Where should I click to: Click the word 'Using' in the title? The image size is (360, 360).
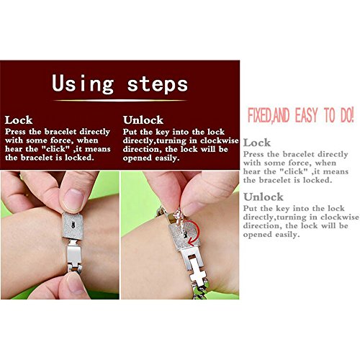click(83, 84)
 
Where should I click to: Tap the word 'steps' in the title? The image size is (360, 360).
click(158, 84)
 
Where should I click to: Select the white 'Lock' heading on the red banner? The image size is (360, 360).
click(19, 120)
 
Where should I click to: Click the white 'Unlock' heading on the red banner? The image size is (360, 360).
click(143, 120)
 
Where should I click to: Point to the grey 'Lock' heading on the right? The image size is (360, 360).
click(257, 143)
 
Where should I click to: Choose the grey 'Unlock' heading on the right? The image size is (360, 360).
click(264, 197)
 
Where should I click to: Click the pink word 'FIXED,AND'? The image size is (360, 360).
click(269, 115)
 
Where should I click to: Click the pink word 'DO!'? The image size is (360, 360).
click(347, 115)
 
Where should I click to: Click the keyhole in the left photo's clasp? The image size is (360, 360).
click(73, 225)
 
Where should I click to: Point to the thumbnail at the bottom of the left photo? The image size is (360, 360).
click(75, 284)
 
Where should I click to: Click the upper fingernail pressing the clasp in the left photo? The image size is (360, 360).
click(73, 199)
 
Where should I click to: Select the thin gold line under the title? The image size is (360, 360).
click(120, 100)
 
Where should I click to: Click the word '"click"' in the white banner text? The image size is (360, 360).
click(55, 149)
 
